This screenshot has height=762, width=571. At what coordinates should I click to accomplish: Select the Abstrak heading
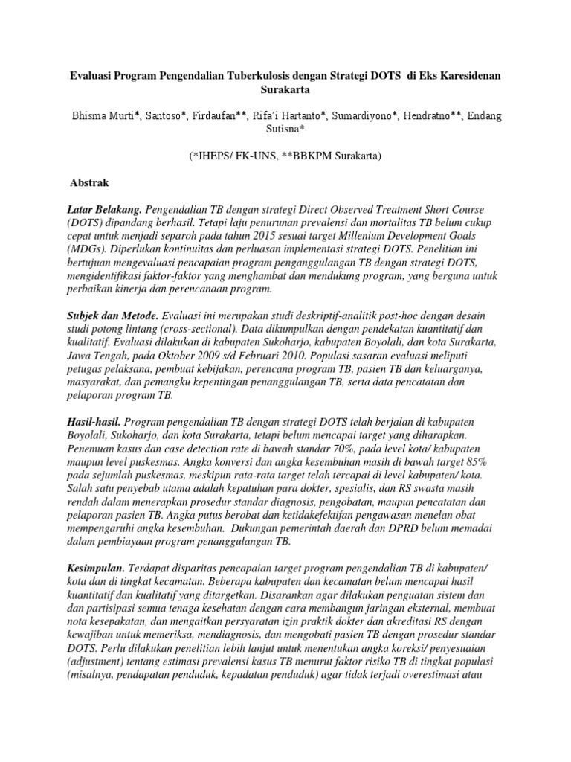pyautogui.click(x=89, y=182)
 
